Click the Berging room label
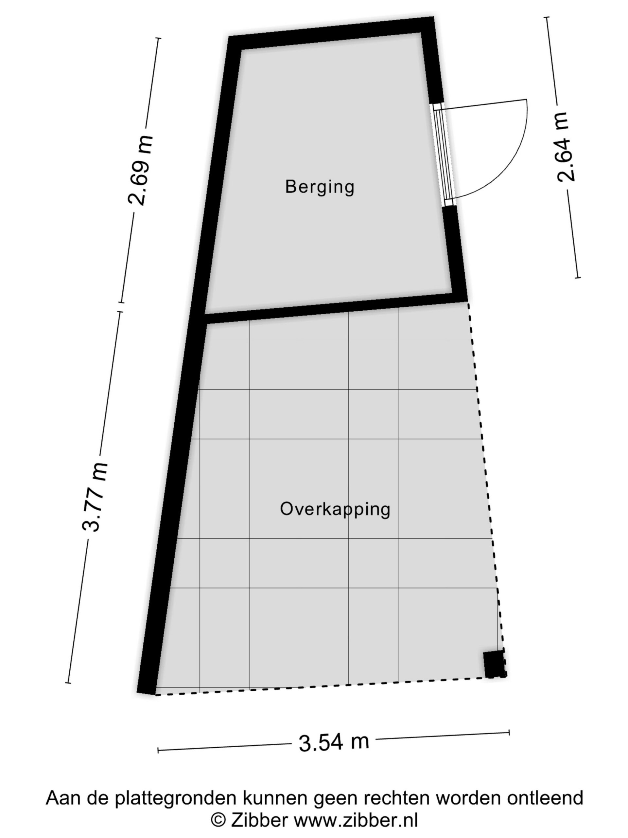pyautogui.click(x=320, y=187)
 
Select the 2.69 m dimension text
pyautogui.click(x=140, y=171)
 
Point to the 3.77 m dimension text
pyautogui.click(x=95, y=497)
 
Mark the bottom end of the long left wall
pyautogui.click(x=146, y=693)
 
